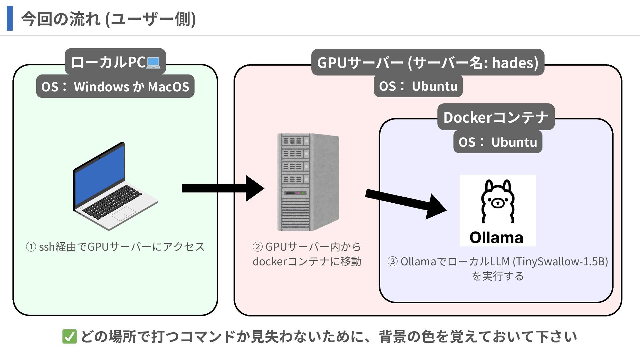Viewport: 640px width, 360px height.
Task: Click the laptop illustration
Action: [115, 186]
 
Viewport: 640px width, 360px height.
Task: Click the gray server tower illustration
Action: [308, 182]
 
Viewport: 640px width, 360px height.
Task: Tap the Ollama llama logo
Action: [498, 210]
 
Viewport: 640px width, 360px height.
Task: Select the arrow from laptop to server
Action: [223, 188]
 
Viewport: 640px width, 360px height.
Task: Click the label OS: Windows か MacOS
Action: [115, 87]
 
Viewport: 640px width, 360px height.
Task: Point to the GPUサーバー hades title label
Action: [428, 62]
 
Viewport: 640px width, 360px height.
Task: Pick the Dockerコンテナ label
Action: [496, 117]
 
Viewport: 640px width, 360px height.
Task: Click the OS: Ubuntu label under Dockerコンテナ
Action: [498, 142]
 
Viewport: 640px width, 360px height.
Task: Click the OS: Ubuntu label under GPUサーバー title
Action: [418, 86]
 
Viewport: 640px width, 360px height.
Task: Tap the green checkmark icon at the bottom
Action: [69, 337]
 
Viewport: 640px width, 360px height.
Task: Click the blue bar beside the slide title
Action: [10, 18]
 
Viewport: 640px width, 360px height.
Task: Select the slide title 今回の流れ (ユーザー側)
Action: [109, 19]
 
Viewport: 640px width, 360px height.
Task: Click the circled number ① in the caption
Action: [31, 247]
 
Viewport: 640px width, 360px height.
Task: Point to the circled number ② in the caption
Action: [258, 247]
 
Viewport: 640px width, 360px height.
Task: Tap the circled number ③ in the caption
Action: [393, 262]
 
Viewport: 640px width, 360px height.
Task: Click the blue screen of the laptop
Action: [99, 174]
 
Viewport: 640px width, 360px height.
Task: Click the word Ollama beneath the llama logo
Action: [496, 238]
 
